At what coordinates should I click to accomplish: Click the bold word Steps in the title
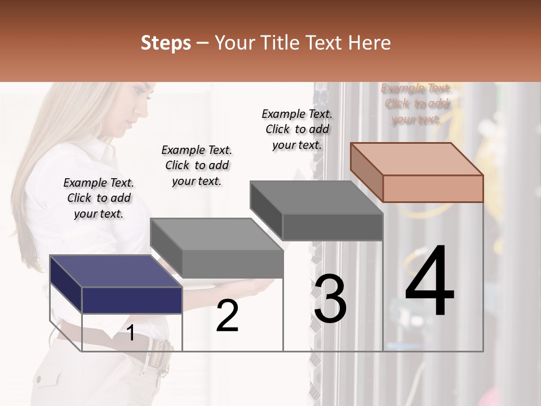166,43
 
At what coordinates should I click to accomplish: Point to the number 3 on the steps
330,299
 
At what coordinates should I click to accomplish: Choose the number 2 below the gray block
227,316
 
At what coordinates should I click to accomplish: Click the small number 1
131,333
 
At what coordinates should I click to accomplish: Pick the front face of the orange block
433,188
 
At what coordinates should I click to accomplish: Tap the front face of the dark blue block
132,300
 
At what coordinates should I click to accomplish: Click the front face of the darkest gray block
332,227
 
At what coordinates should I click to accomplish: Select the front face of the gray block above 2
232,264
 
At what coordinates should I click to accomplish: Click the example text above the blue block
99,198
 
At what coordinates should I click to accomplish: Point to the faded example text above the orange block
416,103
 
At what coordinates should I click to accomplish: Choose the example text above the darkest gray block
297,129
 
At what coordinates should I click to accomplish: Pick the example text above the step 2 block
197,165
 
